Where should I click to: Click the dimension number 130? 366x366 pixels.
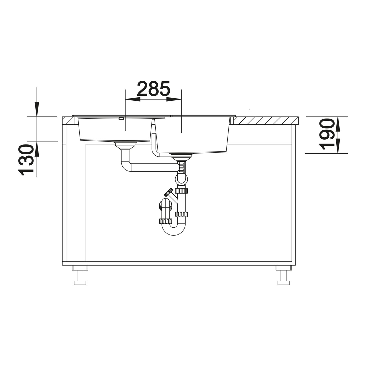tap(26, 160)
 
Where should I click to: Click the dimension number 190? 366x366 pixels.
tap(326, 134)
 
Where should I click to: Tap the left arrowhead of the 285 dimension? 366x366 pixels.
tap(132, 99)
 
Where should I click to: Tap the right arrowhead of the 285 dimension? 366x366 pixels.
tap(174, 99)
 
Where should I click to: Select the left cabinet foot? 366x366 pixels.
tap(80, 275)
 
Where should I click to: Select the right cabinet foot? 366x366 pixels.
tap(284, 275)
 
